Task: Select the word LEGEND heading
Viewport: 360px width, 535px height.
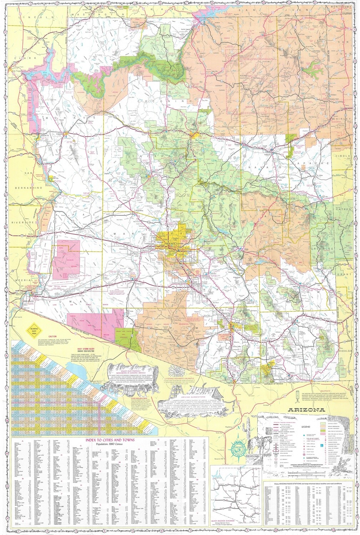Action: [306, 426]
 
